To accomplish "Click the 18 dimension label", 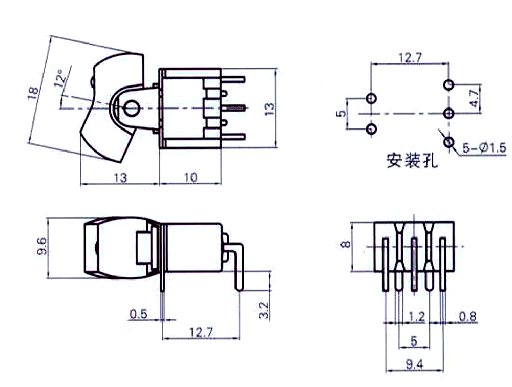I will [x=34, y=92].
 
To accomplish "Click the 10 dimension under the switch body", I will [x=190, y=177].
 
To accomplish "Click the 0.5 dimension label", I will [x=138, y=314].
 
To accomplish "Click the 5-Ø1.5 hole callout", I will [x=484, y=148].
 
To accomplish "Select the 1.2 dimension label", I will [x=417, y=317].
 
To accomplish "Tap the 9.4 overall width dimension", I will [x=414, y=364].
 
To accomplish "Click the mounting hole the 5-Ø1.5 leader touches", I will [x=449, y=142].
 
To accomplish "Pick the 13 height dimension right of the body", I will [x=270, y=109].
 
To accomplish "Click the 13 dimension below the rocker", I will [x=120, y=177].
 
